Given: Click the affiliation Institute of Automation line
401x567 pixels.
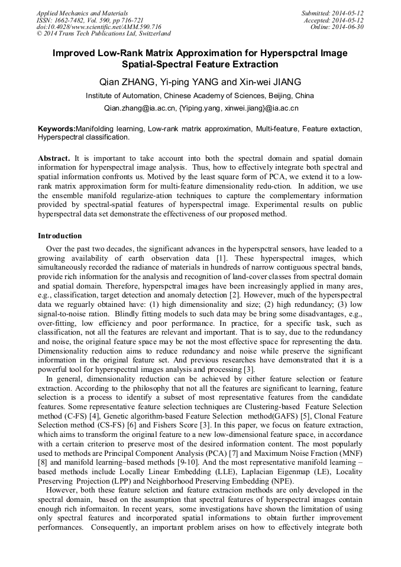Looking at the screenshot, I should (x=200, y=95).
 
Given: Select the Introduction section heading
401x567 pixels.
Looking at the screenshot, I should (x=60, y=235).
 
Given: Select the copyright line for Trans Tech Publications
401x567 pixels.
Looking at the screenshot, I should (x=104, y=34).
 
